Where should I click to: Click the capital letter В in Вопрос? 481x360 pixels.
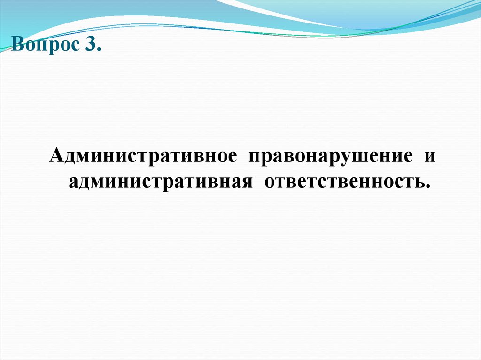[18, 46]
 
